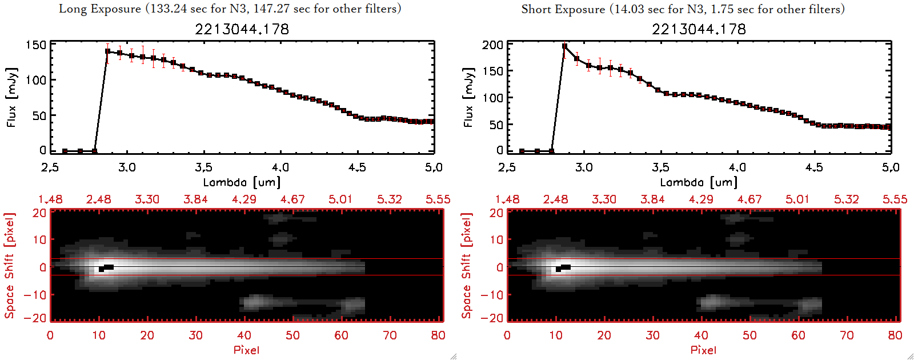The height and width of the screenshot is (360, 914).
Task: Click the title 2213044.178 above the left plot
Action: pyautogui.click(x=242, y=29)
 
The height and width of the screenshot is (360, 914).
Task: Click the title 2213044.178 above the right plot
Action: pyautogui.click(x=699, y=29)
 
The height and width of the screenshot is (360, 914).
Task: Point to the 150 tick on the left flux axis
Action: pyautogui.click(x=36, y=45)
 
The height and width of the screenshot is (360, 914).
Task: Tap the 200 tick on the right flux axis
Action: pyautogui.click(x=492, y=45)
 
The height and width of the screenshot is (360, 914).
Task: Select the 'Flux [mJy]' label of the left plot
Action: pyautogui.click(x=11, y=97)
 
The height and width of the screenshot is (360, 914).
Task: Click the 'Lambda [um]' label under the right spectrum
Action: pyautogui.click(x=699, y=182)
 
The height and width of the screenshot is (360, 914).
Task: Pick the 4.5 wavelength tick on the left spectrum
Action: pyautogui.click(x=357, y=167)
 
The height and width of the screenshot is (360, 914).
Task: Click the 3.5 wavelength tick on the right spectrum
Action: pyautogui.click(x=660, y=167)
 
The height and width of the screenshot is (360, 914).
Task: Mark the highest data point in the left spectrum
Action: pyautogui.click(x=108, y=51)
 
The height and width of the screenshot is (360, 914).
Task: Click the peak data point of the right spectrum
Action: pyautogui.click(x=565, y=47)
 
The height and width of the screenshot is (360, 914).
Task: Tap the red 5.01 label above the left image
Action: pyautogui.click(x=340, y=199)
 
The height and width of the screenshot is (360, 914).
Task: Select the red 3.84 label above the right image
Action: pyautogui.click(x=652, y=199)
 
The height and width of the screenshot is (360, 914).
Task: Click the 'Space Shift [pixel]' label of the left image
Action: pyautogui.click(x=9, y=266)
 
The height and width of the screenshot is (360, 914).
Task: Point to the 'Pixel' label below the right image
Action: pyautogui.click(x=703, y=350)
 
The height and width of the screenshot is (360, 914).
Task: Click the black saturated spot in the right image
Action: pyautogui.click(x=564, y=267)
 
